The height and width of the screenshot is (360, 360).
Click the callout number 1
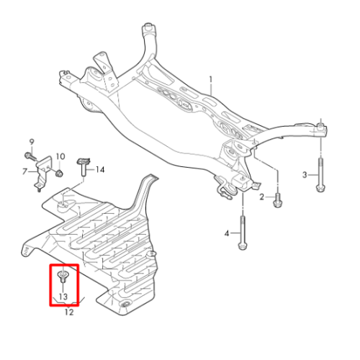[211, 79]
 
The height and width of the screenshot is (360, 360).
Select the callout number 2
[261, 197]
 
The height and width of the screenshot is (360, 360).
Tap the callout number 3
[305, 175]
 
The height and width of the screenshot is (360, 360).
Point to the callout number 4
[227, 233]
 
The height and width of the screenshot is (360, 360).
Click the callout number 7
[24, 171]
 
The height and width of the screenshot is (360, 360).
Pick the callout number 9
[32, 142]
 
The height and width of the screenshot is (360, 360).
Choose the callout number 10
[60, 156]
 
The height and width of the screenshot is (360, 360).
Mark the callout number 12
[69, 312]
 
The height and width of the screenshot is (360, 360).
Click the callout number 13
[63, 297]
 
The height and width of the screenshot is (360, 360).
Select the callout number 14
[100, 170]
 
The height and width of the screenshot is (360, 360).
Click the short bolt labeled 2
[278, 201]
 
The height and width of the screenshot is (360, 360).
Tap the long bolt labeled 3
[321, 174]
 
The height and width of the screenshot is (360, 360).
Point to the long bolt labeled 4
[243, 233]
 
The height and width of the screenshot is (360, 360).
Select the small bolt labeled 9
[30, 156]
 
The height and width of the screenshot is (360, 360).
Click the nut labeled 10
[59, 173]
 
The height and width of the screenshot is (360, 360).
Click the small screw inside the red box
[63, 276]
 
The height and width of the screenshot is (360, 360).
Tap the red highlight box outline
[50, 285]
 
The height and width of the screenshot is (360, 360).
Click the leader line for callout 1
[211, 89]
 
